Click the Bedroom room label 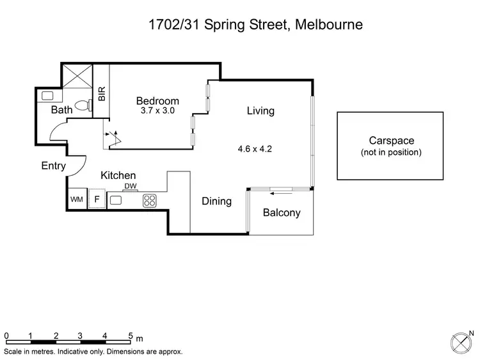pyautogui.click(x=157, y=101)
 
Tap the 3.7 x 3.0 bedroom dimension pyautogui.click(x=157, y=111)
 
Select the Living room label pyautogui.click(x=260, y=111)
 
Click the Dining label pyautogui.click(x=216, y=201)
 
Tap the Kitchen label pyautogui.click(x=118, y=175)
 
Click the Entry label pyautogui.click(x=53, y=166)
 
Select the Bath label pyautogui.click(x=62, y=111)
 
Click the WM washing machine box pyautogui.click(x=77, y=200)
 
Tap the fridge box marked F pyautogui.click(x=97, y=200)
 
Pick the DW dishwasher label pyautogui.click(x=131, y=186)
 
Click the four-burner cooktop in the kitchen pyautogui.click(x=150, y=200)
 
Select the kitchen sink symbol pyautogui.click(x=116, y=200)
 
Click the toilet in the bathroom pyautogui.click(x=82, y=105)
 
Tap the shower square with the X pyautogui.click(x=77, y=76)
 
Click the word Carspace pyautogui.click(x=391, y=141)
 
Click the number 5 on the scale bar pyautogui.click(x=130, y=335)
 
